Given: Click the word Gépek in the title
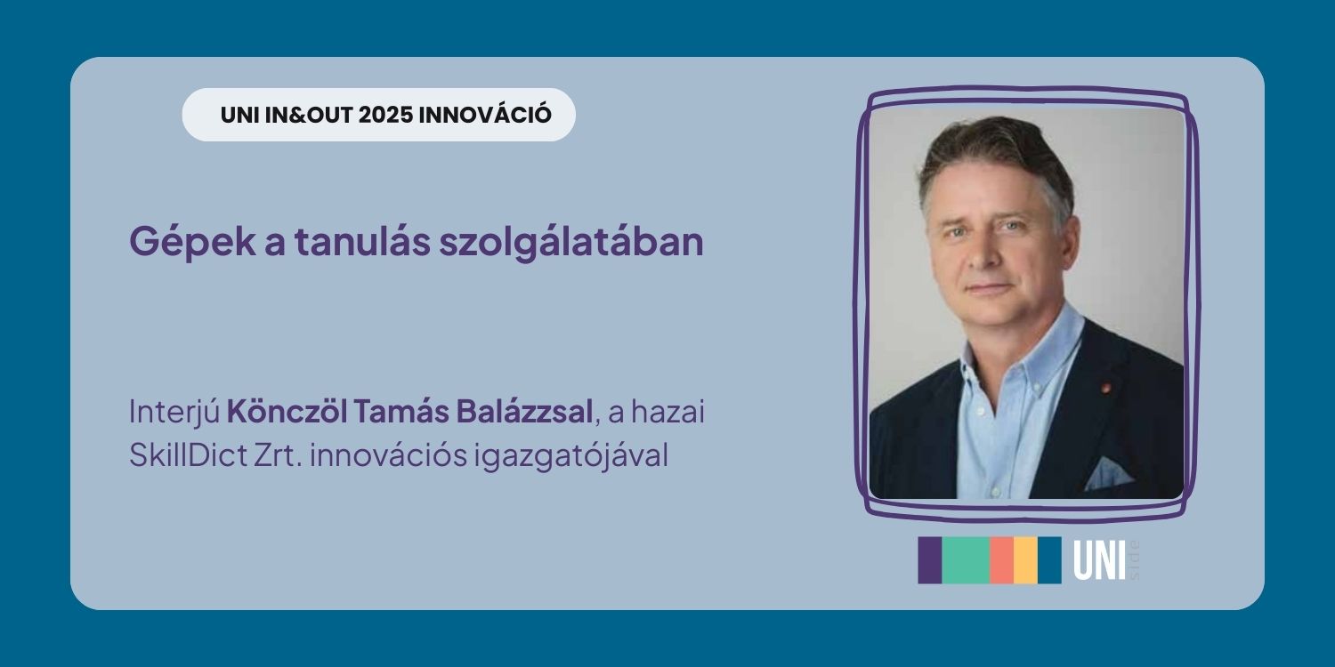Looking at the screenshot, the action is pyautogui.click(x=192, y=243).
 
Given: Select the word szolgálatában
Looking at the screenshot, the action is pyautogui.click(x=571, y=243).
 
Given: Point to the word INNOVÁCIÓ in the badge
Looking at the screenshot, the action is pyautogui.click(x=485, y=114).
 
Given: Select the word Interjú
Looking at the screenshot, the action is pyautogui.click(x=174, y=412).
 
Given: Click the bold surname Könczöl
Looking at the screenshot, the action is pyautogui.click(x=287, y=411).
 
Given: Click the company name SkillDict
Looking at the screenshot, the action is pyautogui.click(x=188, y=455).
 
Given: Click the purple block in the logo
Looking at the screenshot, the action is pyautogui.click(x=930, y=559).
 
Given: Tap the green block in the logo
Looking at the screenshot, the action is pyautogui.click(x=966, y=559).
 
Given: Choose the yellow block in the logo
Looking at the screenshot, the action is pyautogui.click(x=1025, y=559).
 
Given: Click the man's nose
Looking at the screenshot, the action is pyautogui.click(x=983, y=253).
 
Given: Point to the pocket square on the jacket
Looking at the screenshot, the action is pyautogui.click(x=1107, y=473).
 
